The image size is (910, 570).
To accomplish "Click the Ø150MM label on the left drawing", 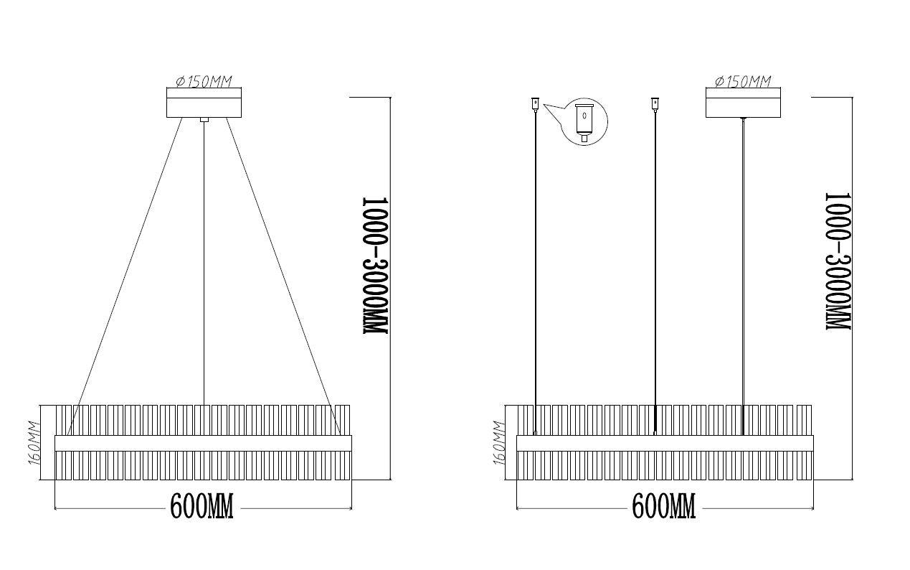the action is tap(204, 82).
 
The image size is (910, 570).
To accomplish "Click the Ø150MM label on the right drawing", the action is tap(743, 82).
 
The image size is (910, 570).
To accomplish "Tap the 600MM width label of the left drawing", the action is tap(202, 506).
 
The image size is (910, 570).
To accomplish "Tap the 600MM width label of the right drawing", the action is tap(664, 506).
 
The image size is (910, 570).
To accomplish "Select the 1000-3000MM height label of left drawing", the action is tap(375, 266).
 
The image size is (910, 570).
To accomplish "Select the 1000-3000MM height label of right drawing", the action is tap(838, 261).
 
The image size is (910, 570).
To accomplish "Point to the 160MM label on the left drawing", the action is tap(34, 443).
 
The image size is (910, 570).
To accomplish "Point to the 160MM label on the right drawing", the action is tap(498, 443).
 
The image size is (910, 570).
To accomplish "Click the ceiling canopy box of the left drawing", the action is tap(204, 103).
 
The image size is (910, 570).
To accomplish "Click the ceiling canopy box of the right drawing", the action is tap(743, 103).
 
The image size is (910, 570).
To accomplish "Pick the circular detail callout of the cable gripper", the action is tap(584, 121).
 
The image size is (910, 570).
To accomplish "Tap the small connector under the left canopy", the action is tap(204, 120).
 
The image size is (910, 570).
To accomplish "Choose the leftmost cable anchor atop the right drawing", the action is tap(536, 104).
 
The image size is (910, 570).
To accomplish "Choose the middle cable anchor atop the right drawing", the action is tap(655, 104).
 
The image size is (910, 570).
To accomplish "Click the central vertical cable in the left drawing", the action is tap(204, 263).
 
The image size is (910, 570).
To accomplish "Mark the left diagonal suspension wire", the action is tap(125, 276).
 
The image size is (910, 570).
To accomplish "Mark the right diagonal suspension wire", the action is tap(283, 276).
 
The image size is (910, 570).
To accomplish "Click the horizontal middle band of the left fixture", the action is tap(203, 443).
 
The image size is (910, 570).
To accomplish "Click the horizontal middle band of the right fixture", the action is tap(665, 443).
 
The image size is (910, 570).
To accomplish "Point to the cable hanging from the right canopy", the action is tap(743, 276).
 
